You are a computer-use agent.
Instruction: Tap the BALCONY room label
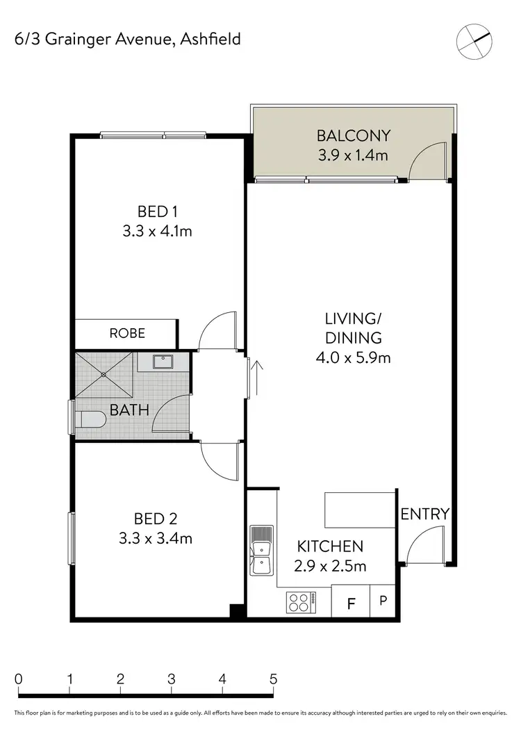354,136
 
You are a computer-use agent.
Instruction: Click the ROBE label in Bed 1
127,333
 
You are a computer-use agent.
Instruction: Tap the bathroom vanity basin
163,362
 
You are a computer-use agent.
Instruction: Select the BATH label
129,410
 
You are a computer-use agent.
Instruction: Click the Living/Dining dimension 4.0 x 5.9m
354,358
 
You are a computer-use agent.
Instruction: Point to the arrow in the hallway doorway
257,375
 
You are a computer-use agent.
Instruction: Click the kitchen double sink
262,550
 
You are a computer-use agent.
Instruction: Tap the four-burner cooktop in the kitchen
300,602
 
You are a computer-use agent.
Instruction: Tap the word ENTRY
424,514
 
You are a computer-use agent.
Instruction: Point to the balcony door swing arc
427,159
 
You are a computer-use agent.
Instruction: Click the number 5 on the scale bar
274,679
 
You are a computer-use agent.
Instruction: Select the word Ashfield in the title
210,39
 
